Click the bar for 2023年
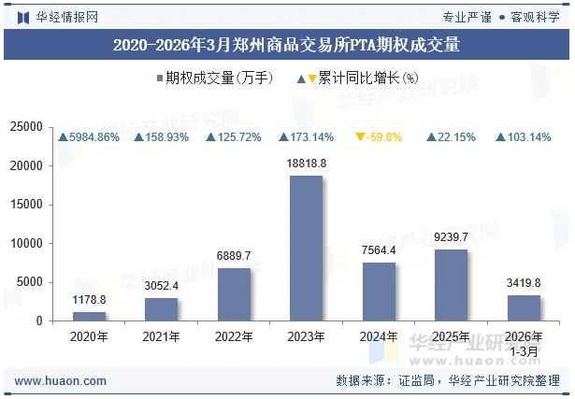306,248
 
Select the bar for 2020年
89,316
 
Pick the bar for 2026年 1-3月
524,307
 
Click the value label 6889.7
234,255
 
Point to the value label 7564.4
379,249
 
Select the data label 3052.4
161,285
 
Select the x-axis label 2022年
234,336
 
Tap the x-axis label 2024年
379,336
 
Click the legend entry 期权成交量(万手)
215,78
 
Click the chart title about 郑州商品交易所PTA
287,44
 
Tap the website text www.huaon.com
61,381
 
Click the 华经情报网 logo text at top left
65,16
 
